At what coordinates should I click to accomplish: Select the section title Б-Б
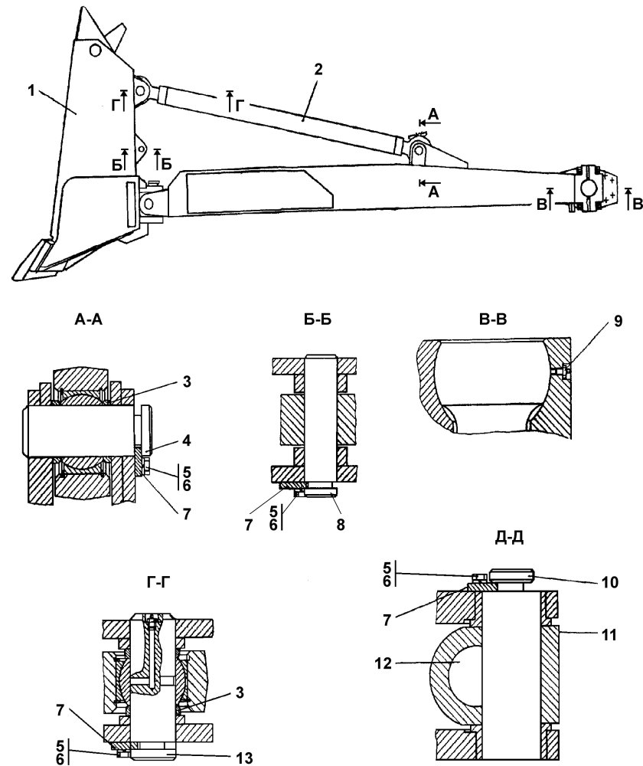317,319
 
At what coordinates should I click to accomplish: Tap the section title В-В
493,319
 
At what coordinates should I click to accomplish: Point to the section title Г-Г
158,582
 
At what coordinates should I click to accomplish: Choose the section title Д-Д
510,538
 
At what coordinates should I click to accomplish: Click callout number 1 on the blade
31,91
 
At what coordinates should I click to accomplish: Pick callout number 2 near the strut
318,70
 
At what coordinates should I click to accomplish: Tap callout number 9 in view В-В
618,322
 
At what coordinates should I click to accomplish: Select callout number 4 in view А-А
186,441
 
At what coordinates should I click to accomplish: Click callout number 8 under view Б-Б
341,525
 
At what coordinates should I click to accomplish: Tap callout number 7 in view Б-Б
249,525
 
